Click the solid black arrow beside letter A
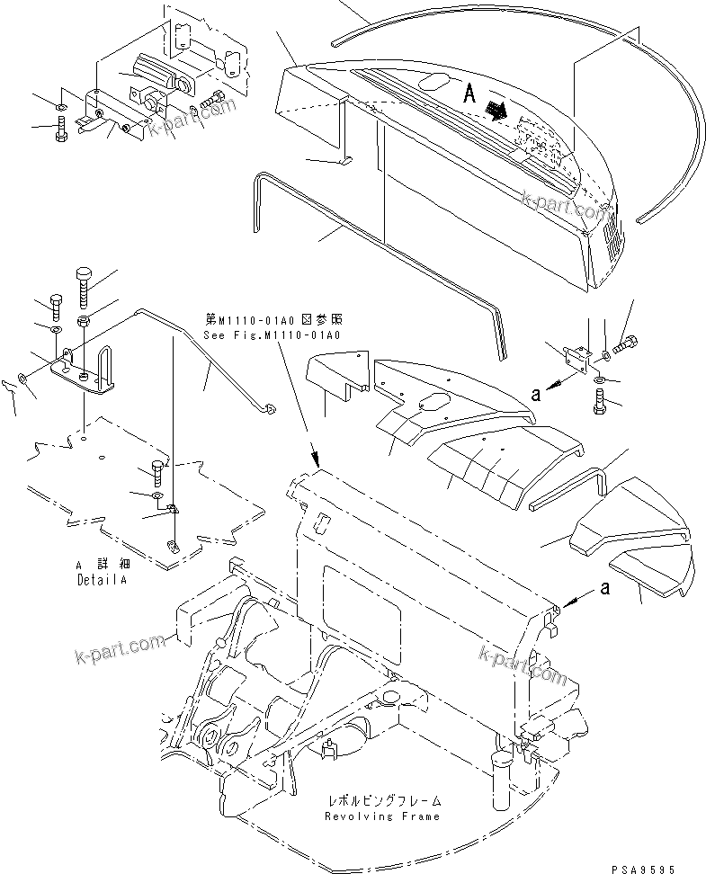(494, 111)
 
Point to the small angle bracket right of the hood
(578, 359)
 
